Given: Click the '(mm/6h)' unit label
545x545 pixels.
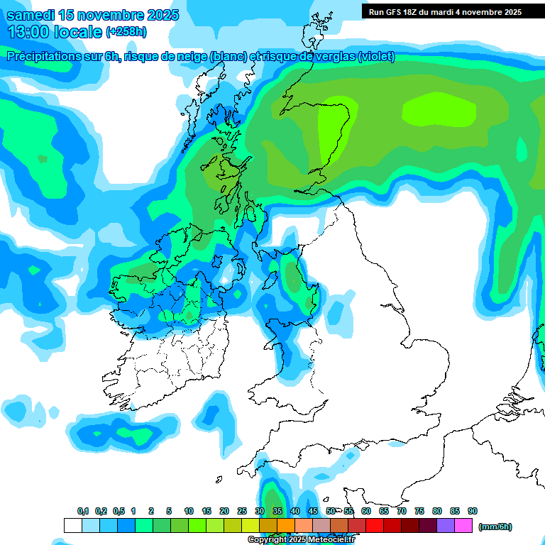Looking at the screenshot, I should point(495,527).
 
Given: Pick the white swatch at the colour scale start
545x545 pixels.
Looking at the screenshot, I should point(72,525).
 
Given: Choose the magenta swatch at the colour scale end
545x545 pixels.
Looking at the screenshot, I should point(463,525).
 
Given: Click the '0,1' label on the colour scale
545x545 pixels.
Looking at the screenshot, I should point(83,511).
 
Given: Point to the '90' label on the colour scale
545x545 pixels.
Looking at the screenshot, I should point(473,511).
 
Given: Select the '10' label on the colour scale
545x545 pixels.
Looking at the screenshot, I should point(189,511).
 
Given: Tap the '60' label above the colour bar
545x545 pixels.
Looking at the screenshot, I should point(366,511).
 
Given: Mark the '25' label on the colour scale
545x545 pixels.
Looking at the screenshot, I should point(242,511).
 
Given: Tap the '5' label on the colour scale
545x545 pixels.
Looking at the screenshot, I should point(169,511).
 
